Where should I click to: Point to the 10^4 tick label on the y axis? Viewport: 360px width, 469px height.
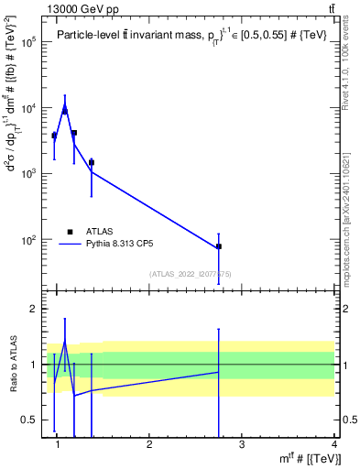pyautogui.click(x=29, y=108)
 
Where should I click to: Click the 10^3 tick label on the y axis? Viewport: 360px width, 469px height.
pyautogui.click(x=29, y=173)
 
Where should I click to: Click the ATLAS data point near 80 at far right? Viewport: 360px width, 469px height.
pyautogui.click(x=219, y=246)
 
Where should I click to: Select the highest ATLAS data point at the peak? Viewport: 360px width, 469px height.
pyautogui.click(x=64, y=111)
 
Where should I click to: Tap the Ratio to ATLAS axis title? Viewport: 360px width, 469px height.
pyautogui.click(x=13, y=365)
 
